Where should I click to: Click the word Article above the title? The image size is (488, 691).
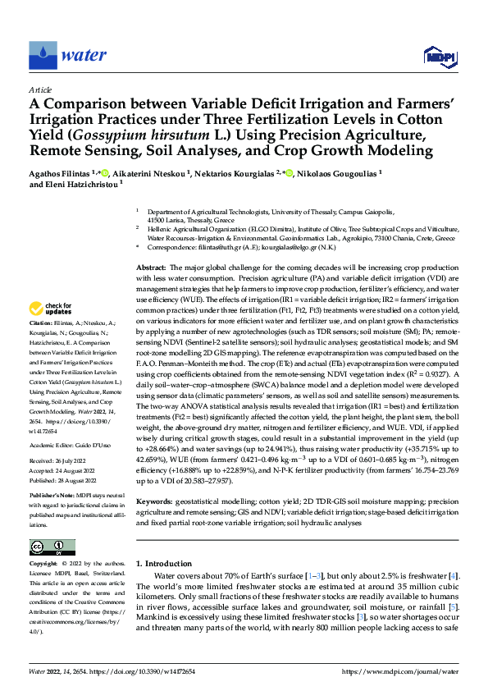point(39,89)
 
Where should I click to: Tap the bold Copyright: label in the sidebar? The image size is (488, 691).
point(43,564)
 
